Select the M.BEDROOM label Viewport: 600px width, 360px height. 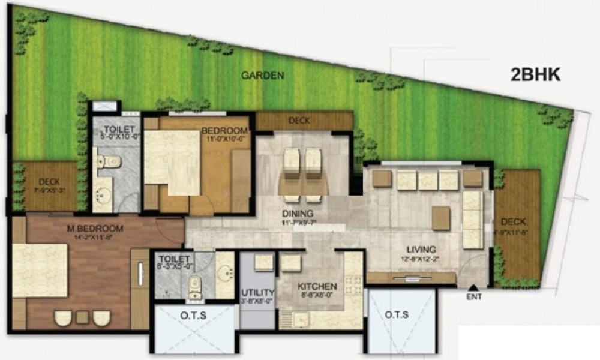[95, 229]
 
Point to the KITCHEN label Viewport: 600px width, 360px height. [317, 286]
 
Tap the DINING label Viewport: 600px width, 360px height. [298, 214]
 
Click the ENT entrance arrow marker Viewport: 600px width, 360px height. [473, 289]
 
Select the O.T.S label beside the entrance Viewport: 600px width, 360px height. [396, 314]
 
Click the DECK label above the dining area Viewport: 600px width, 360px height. [299, 121]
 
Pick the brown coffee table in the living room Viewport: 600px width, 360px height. [441, 218]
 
